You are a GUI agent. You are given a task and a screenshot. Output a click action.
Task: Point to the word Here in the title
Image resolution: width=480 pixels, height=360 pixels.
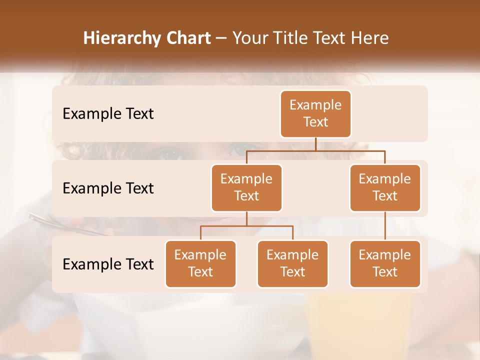[x=370, y=38]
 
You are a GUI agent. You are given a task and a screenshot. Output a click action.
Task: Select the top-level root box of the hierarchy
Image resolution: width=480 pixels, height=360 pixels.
[x=315, y=114]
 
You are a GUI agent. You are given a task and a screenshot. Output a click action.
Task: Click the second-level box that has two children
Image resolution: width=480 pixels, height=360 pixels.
[x=246, y=188]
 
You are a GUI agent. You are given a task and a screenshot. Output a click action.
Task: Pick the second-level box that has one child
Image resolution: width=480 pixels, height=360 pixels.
[x=385, y=188]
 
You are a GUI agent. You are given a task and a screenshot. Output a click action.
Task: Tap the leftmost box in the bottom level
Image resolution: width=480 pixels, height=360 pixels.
[x=200, y=264]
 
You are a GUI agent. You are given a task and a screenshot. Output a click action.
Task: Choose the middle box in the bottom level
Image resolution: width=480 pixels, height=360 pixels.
[x=292, y=264]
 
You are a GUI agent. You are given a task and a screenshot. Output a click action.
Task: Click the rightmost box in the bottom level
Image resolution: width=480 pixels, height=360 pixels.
[x=385, y=264]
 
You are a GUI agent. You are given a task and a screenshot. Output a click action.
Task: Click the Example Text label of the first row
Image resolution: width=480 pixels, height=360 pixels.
[x=108, y=114]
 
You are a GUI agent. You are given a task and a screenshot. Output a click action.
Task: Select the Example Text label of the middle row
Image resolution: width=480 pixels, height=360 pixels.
[x=108, y=188]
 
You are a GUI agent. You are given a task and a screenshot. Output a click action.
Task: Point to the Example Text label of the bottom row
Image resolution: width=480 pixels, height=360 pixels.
[x=108, y=264]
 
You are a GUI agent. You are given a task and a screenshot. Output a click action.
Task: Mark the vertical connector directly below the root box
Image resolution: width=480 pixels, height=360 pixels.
[x=315, y=144]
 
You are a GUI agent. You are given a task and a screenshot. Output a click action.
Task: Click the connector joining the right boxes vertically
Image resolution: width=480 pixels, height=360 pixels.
[x=385, y=226]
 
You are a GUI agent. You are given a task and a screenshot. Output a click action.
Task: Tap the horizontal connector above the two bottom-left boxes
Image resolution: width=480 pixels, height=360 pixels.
[x=246, y=226]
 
